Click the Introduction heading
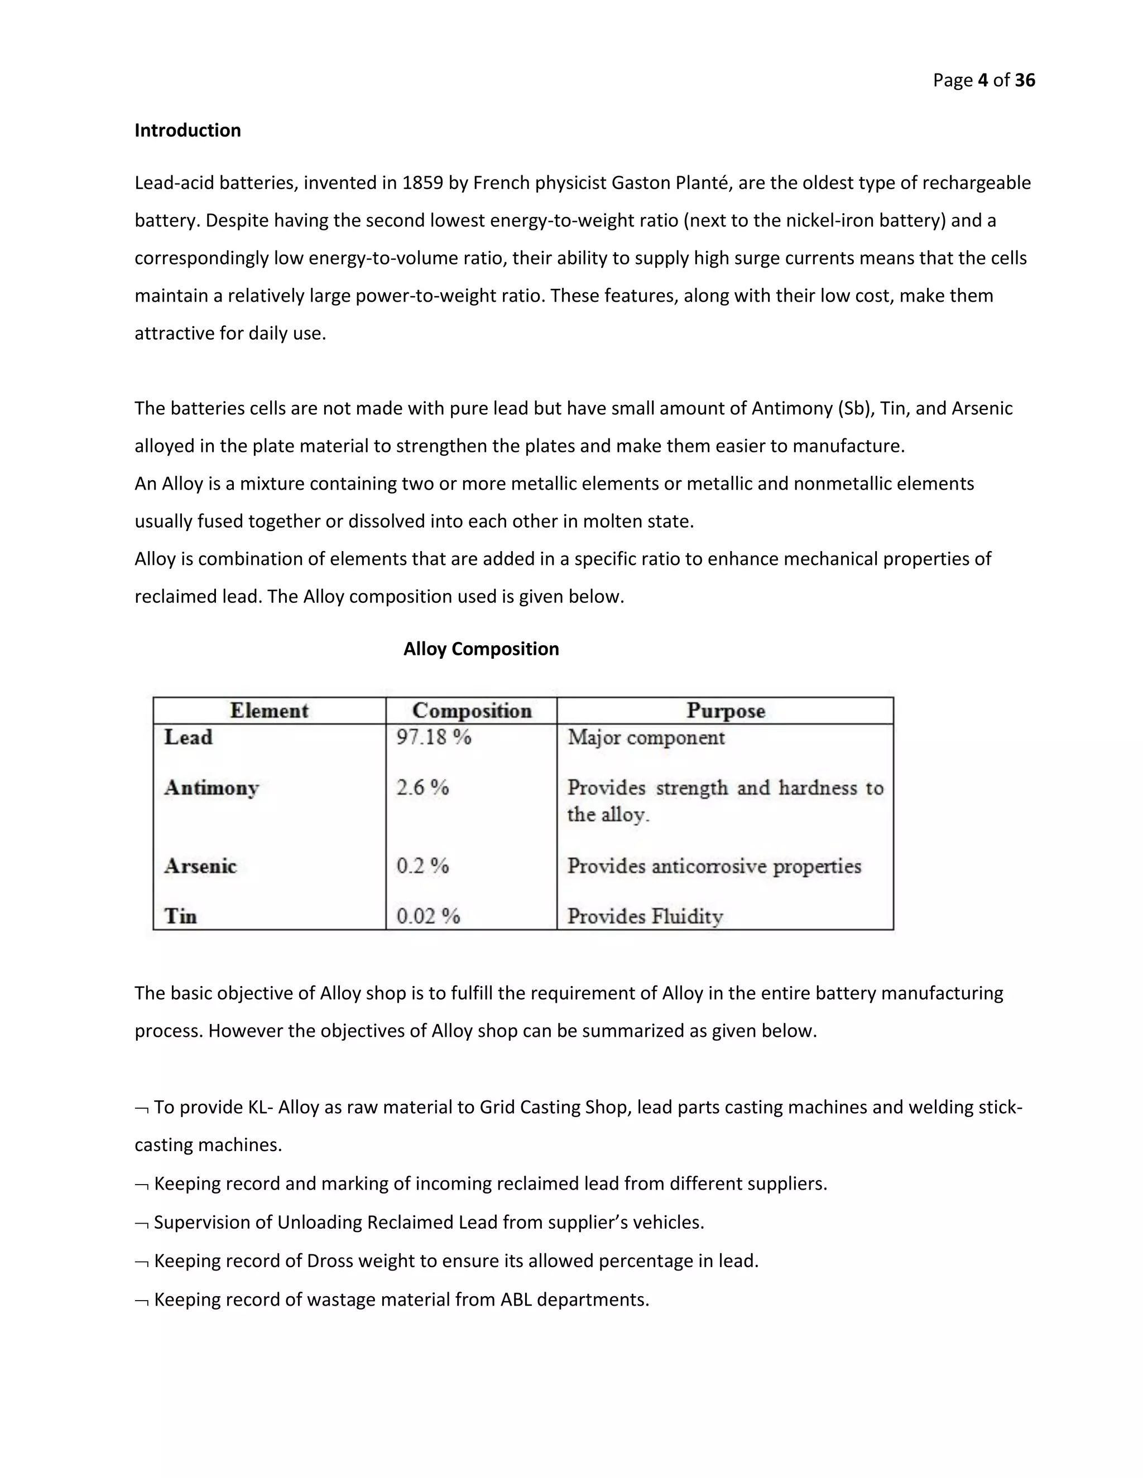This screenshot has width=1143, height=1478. click(x=188, y=130)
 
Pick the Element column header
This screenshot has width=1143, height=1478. click(x=269, y=711)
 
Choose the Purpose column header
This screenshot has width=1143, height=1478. click(x=725, y=711)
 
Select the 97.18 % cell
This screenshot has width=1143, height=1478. click(x=433, y=737)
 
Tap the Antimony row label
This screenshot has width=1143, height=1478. click(x=212, y=788)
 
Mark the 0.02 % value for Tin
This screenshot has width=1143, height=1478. click(x=428, y=916)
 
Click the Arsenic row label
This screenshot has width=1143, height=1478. click(x=200, y=866)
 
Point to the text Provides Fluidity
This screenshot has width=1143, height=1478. click(x=645, y=916)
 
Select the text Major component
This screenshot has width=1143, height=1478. click(x=646, y=737)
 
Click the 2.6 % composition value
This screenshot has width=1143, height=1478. click(x=422, y=788)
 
